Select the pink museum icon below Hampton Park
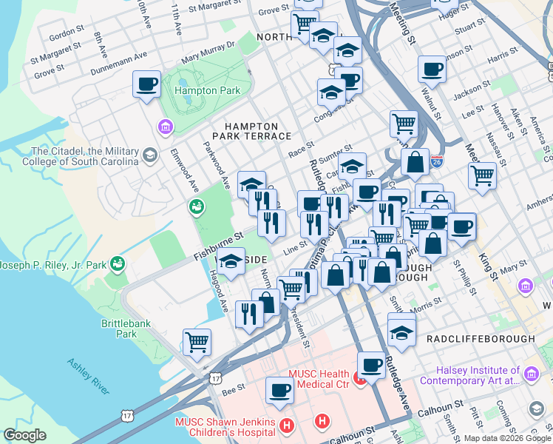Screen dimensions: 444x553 [x=164, y=128]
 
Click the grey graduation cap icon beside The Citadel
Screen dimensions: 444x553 [x=150, y=155]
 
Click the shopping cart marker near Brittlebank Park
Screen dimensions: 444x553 [x=197, y=342]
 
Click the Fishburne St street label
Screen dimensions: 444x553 [x=218, y=245]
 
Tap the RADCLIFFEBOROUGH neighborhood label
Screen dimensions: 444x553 [x=481, y=338]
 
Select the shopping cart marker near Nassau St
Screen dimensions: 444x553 [x=482, y=175]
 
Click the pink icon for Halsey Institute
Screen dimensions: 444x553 [x=530, y=374]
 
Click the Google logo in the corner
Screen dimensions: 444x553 [x=24, y=435]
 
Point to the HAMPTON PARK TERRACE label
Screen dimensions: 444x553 [x=251, y=132]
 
